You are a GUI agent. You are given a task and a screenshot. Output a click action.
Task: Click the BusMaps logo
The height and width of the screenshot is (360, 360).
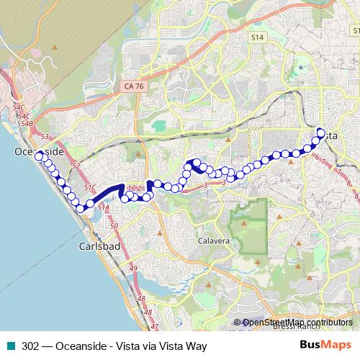(x=325, y=346)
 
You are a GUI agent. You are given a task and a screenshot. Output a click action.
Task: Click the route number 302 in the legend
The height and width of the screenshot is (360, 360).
(x=30, y=346)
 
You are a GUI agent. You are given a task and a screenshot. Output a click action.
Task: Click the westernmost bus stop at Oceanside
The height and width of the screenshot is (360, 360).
(x=38, y=136)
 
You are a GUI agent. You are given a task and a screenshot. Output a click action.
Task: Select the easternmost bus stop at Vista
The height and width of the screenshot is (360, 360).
(x=322, y=131)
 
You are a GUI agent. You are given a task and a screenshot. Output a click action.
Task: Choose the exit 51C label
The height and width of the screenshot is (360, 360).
(x=89, y=187)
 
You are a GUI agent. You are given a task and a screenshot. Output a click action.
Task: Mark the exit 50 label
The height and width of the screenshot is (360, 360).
(x=114, y=226)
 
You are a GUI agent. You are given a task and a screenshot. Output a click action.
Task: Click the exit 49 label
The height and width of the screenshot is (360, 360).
(x=133, y=269)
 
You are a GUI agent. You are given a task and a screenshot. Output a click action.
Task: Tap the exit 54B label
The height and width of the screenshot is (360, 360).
(x=27, y=123)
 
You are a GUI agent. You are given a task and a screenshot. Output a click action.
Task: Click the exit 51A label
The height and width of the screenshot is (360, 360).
(x=103, y=207)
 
